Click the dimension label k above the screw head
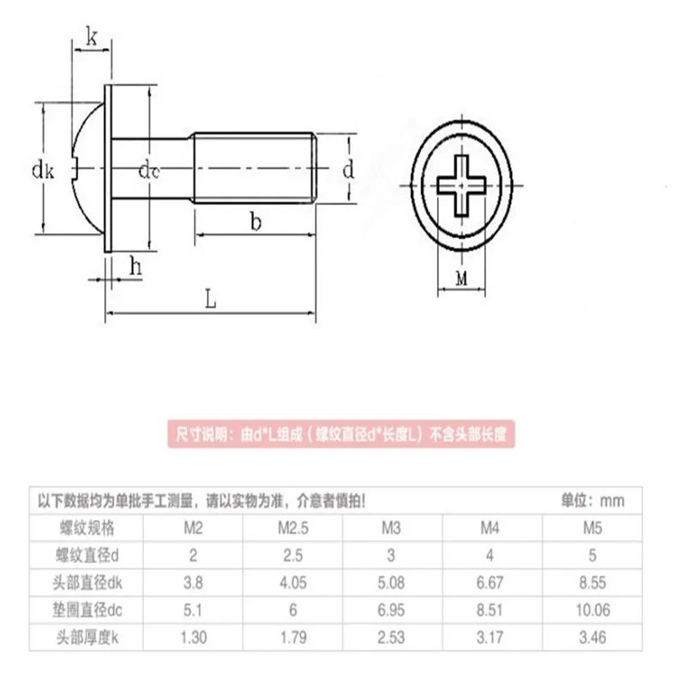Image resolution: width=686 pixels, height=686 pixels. tap(92, 36)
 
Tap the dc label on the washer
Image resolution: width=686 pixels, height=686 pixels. tap(149, 170)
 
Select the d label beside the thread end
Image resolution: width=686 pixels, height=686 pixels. tap(348, 170)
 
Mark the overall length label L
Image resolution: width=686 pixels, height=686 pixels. tap(210, 301)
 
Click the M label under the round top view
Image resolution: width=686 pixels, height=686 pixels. tap(461, 279)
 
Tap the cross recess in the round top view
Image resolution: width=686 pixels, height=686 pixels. tap(462, 182)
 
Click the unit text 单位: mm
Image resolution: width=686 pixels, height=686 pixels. tap(592, 500)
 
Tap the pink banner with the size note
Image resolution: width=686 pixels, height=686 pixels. tap(343, 434)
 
